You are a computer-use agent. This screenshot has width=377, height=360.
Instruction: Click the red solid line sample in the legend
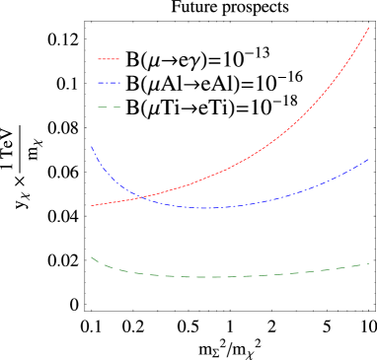click(109, 59)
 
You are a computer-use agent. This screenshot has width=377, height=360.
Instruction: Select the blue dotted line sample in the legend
click(109, 83)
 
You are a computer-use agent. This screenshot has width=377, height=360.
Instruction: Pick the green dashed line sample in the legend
click(109, 107)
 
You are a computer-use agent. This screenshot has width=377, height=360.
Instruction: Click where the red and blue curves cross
click(140, 196)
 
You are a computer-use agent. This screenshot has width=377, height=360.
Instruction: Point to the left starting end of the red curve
click(92, 205)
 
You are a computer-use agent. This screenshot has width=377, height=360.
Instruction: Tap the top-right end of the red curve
click(368, 28)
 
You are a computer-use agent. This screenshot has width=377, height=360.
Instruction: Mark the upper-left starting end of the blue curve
click(91, 146)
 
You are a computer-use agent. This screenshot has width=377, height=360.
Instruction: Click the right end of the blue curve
click(368, 159)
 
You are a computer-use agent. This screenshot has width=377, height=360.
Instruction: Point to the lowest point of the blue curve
click(209, 208)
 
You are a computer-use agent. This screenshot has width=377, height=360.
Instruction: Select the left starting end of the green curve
click(91, 257)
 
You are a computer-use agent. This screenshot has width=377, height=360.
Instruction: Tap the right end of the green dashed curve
click(368, 263)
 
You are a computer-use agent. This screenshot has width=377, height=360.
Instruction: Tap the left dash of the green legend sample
click(103, 107)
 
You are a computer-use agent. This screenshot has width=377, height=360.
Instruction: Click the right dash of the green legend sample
click(115, 107)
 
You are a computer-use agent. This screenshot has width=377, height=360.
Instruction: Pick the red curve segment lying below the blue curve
click(113, 202)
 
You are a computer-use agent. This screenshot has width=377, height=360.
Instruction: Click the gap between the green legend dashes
click(110, 107)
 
